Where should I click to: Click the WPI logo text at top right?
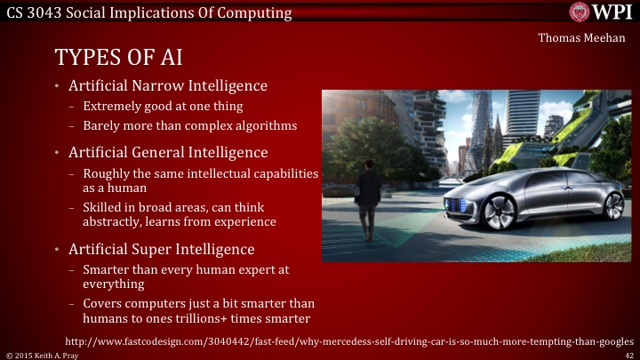pos(610,12)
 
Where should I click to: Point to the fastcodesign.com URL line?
pos(350,340)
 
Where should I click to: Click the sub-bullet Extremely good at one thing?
pos(156,107)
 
